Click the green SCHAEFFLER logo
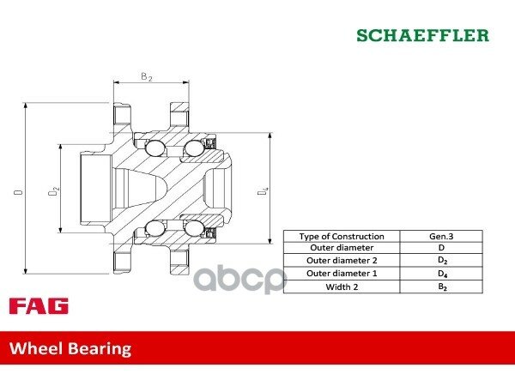pyautogui.click(x=422, y=35)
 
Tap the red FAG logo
pyautogui.click(x=39, y=306)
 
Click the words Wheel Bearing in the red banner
pyautogui.click(x=70, y=348)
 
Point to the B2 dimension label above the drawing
pyautogui.click(x=147, y=77)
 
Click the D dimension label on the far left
pyautogui.click(x=19, y=191)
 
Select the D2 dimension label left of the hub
pyautogui.click(x=53, y=191)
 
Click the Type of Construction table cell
pyautogui.click(x=342, y=237)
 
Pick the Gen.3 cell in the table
pyautogui.click(x=441, y=237)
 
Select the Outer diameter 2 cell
pyautogui.click(x=342, y=260)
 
